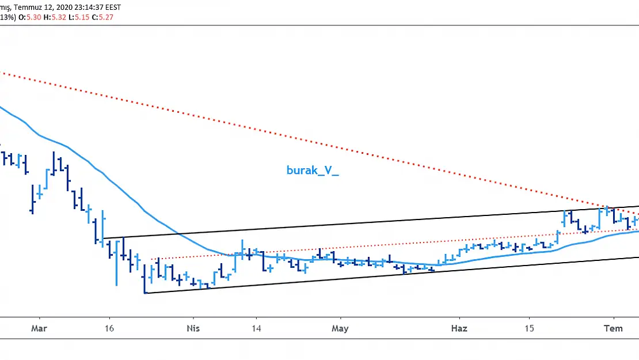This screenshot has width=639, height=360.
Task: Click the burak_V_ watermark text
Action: (x=313, y=170)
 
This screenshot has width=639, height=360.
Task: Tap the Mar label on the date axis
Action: (x=39, y=328)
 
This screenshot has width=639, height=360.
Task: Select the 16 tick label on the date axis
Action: (x=109, y=328)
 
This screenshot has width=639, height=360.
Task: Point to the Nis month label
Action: (x=193, y=328)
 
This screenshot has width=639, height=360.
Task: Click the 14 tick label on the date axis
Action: (x=256, y=328)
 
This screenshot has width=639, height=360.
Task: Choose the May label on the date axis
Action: (x=340, y=328)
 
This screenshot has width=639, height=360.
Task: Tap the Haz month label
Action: (x=459, y=328)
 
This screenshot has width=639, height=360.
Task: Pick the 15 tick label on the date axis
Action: (x=529, y=328)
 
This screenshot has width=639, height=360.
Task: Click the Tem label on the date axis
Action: (x=614, y=328)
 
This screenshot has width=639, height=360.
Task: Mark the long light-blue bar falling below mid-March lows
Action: (x=116, y=263)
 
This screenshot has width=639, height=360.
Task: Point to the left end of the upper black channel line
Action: (x=103, y=238)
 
